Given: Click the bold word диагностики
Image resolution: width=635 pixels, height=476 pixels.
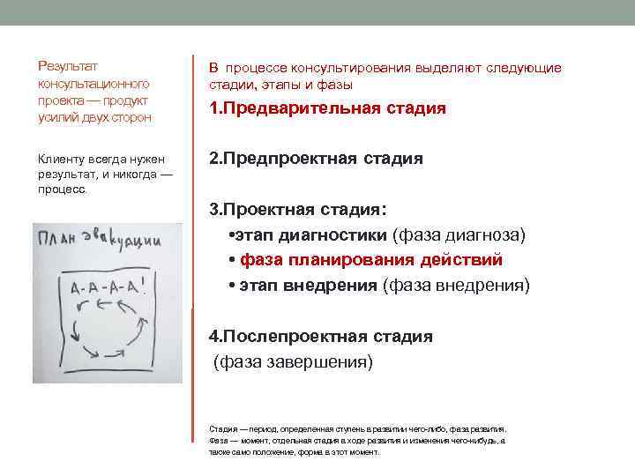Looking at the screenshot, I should pos(333,235).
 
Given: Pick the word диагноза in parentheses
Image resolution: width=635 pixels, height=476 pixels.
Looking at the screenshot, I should pos(486,235).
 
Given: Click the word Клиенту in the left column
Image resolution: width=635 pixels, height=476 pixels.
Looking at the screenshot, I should pos(59,159).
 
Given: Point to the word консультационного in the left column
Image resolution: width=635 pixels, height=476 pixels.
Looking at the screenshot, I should pos(93,83).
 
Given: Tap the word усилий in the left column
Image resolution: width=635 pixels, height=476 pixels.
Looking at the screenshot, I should pos(55,117).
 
